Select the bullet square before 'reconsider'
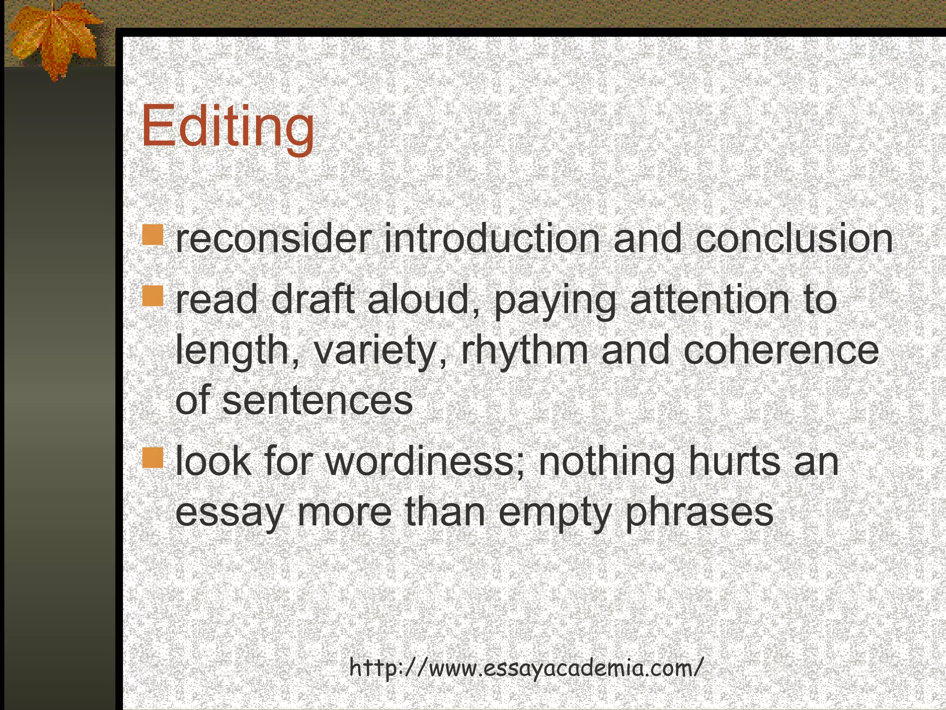tap(153, 235)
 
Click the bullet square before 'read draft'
tap(153, 296)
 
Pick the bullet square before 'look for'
tap(153, 457)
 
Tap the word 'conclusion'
tap(794, 239)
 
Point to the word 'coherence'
tap(781, 350)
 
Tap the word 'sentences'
tap(317, 401)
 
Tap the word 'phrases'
tap(699, 513)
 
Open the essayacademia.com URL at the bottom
tap(526, 668)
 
